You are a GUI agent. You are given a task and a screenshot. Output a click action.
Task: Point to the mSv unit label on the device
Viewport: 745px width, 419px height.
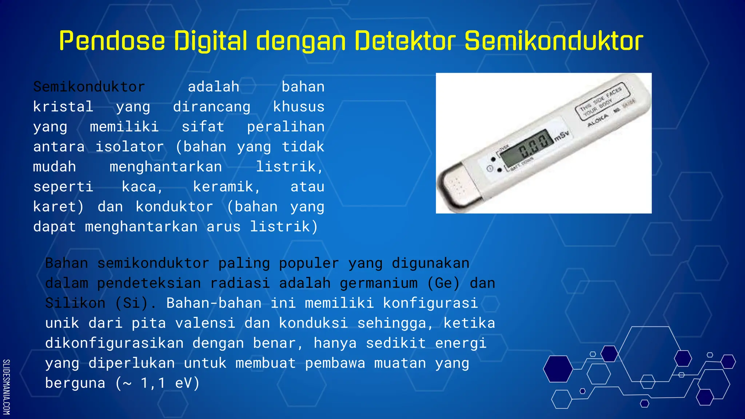(x=562, y=136)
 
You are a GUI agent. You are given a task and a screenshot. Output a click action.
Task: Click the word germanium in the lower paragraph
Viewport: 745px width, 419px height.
(x=379, y=283)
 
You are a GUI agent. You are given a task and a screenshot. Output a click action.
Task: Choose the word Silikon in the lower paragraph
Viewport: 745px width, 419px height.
(x=75, y=303)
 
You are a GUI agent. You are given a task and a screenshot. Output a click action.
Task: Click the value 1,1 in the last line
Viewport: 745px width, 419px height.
(x=153, y=383)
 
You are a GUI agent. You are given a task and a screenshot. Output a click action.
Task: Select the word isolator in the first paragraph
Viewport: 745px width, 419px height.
(x=130, y=147)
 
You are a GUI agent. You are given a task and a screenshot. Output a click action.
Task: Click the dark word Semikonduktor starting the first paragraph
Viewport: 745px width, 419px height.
(x=89, y=87)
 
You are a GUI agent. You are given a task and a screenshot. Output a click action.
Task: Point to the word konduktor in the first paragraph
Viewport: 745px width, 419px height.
(x=174, y=207)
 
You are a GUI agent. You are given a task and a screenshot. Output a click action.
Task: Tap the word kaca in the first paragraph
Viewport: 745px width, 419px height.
(x=142, y=187)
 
